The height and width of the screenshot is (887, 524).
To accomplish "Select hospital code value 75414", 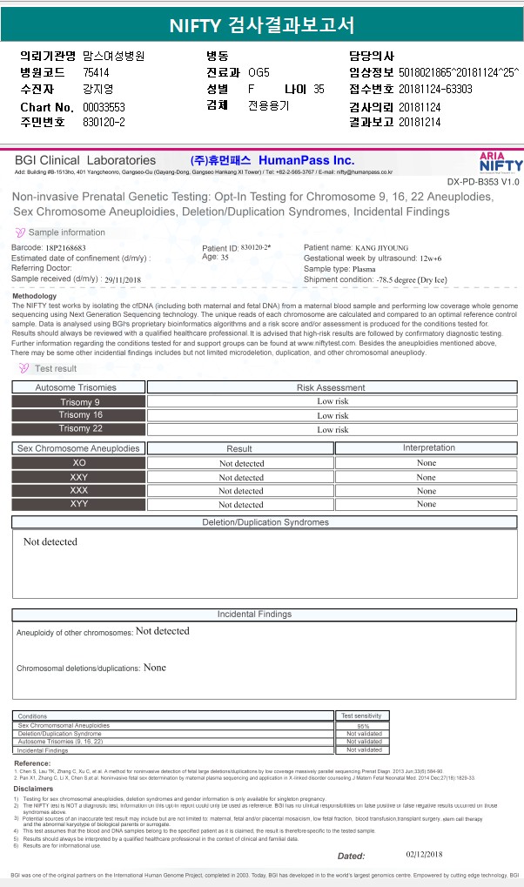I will pos(97,72).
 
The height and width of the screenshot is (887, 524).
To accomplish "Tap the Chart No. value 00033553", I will pos(104,106).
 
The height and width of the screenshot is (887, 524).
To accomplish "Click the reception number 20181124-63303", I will pos(435,89).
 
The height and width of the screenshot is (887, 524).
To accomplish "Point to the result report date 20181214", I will pos(420,122).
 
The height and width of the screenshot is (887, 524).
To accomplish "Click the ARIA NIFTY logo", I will pos(501,161).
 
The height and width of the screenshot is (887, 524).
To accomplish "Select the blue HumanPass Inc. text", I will pos(306,160).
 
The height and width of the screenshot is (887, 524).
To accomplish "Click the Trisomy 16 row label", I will pos(80,415).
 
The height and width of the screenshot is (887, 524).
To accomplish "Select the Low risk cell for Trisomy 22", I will pos(333,429).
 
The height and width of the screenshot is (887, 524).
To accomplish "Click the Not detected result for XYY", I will pos(241,505).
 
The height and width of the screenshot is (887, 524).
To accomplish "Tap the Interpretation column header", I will pos(428,448).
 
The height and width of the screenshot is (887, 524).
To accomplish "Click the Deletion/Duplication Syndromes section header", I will pos(265,522).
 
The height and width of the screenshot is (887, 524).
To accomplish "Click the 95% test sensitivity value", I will pos(364,726).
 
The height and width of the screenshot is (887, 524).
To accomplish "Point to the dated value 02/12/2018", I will pos(425,854).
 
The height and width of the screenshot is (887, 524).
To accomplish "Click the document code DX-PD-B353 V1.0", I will pos(483,182).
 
